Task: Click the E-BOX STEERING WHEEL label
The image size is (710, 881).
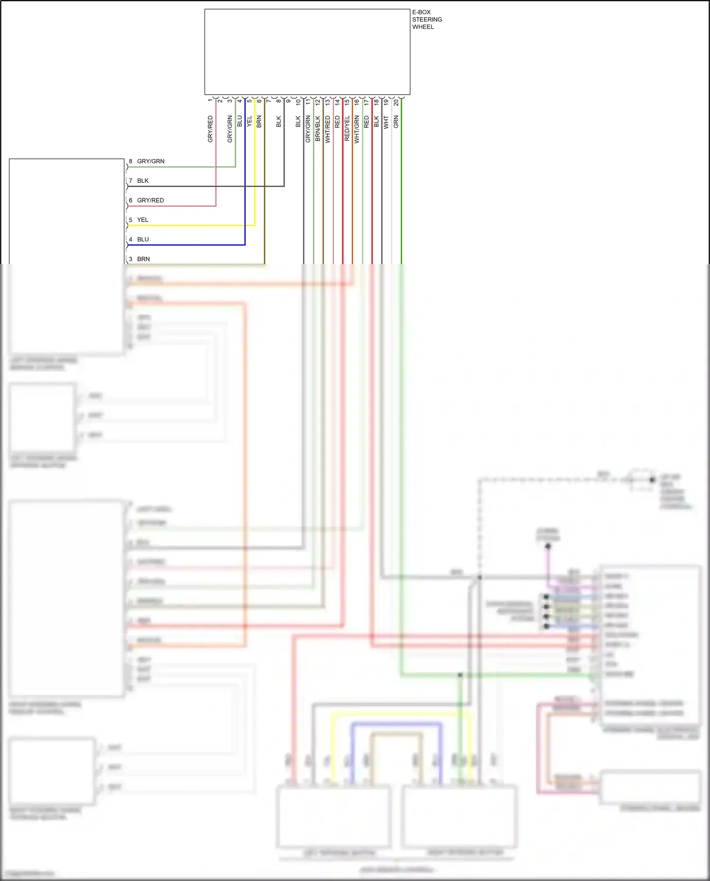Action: pyautogui.click(x=426, y=19)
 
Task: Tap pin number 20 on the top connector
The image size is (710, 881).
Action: pyautogui.click(x=396, y=102)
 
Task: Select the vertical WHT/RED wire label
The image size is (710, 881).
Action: pyautogui.click(x=328, y=129)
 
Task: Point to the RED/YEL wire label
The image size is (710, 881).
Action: pyautogui.click(x=347, y=128)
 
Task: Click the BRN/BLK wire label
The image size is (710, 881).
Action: pyautogui.click(x=318, y=129)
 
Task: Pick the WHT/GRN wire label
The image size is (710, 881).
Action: pyautogui.click(x=357, y=129)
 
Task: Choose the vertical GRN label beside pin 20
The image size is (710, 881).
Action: pyautogui.click(x=396, y=122)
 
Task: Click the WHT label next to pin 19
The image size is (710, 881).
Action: pyautogui.click(x=386, y=122)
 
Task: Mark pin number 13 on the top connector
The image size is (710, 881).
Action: pyautogui.click(x=328, y=102)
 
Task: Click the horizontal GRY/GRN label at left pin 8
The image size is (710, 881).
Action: pyautogui.click(x=151, y=161)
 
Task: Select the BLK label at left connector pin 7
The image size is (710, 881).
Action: pyautogui.click(x=142, y=181)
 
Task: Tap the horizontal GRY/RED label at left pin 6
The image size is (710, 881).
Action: pyautogui.click(x=151, y=201)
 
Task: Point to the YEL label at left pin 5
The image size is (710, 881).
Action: pyautogui.click(x=142, y=220)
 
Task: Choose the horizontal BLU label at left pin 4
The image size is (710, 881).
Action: pyautogui.click(x=142, y=240)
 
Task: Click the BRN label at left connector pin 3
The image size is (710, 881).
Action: pyautogui.click(x=143, y=259)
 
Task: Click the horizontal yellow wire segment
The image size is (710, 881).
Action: pyautogui.click(x=189, y=225)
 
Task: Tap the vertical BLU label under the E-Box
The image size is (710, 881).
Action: pyautogui.click(x=240, y=121)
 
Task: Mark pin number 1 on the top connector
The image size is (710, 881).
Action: pyautogui.click(x=210, y=100)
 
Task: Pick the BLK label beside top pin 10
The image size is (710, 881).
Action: pyautogui.click(x=298, y=121)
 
